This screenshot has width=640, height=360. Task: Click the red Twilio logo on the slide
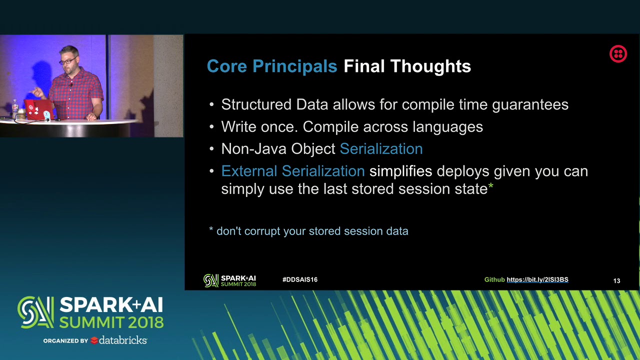[618, 53]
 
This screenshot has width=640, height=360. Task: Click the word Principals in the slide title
[294, 66]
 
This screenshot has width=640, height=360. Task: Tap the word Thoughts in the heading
[430, 66]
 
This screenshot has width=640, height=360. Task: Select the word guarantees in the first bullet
[530, 105]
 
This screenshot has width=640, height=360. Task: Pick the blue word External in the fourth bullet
[249, 171]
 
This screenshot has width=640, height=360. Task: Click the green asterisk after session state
[490, 186]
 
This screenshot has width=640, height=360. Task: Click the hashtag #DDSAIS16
[300, 279]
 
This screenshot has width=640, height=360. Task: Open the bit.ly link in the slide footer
[537, 279]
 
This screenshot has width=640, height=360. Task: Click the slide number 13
[616, 281]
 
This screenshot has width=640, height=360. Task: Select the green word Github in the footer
[494, 279]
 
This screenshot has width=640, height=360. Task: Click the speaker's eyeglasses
[68, 61]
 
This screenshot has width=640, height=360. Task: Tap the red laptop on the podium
[38, 109]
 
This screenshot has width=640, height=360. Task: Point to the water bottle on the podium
[15, 109]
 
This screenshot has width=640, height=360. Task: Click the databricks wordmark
[123, 340]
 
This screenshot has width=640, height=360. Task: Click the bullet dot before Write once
[211, 127]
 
